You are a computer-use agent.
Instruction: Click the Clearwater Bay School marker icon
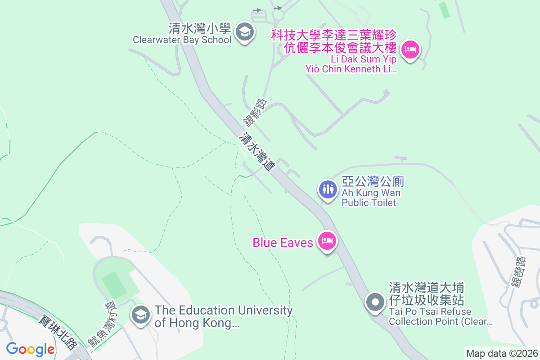(245, 32)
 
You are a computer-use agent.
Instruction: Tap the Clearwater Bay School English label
(182, 40)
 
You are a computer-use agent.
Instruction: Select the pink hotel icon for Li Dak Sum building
(410, 49)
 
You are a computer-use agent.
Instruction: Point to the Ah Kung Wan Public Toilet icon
(327, 189)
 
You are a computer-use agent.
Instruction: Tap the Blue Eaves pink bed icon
(327, 242)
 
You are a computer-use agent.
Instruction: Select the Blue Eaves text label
(283, 243)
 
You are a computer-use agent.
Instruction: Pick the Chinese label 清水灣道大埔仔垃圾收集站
(426, 293)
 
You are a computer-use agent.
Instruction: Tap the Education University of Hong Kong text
(224, 316)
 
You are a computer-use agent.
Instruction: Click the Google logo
(30, 349)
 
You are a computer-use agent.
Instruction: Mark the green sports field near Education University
(113, 284)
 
